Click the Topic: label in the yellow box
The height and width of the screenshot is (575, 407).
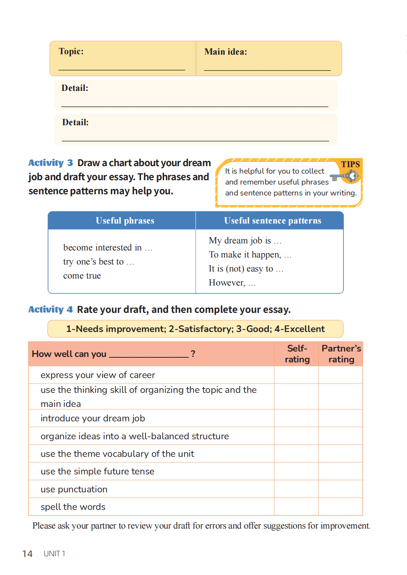(71, 51)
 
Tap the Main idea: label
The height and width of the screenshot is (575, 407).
(226, 52)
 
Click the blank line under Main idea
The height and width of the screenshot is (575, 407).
(267, 70)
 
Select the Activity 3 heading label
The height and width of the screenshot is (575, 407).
(50, 163)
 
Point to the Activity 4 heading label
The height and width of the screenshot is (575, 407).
(50, 309)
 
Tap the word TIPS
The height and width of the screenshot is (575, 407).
(350, 164)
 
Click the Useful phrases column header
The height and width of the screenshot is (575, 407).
(125, 221)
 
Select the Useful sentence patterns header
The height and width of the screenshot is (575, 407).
(272, 221)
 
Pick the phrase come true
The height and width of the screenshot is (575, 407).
(82, 276)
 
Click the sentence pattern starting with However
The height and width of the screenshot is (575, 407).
(232, 283)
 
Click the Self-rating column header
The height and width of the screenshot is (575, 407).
(297, 354)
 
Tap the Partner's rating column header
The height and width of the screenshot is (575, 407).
(341, 354)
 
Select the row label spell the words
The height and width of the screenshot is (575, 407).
(73, 507)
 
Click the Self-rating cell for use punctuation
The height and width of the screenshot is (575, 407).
(296, 489)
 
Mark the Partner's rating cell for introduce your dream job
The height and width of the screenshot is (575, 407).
(341, 418)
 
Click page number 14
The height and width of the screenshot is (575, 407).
(27, 554)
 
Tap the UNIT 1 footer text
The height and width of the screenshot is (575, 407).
(54, 554)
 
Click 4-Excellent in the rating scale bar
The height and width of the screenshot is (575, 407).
(299, 329)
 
